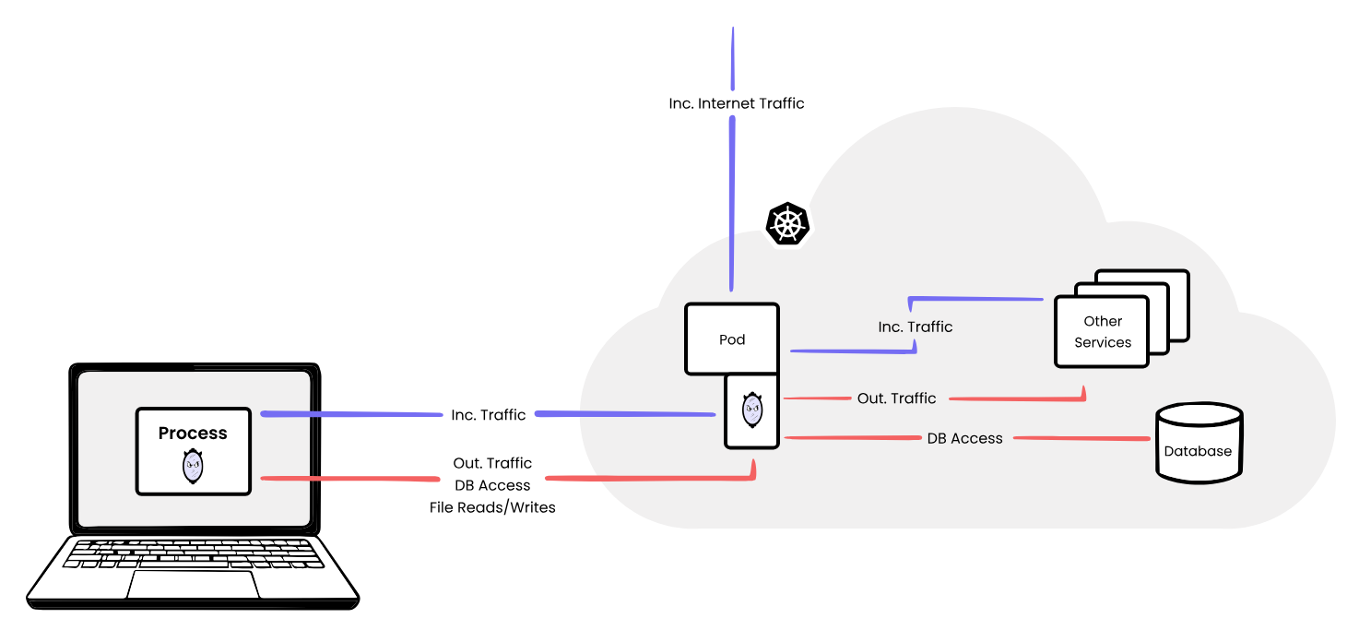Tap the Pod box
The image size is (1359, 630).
point(732,339)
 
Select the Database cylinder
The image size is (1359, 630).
point(1199,444)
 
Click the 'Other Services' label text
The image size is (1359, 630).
point(1103,331)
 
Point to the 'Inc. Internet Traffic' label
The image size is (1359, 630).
point(736,103)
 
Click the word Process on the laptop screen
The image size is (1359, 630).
point(193,433)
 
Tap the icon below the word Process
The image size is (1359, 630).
point(193,467)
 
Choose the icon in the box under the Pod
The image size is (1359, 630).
point(752,410)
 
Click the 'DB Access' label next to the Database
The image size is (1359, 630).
point(964,438)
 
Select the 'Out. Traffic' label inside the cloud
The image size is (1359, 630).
point(896,398)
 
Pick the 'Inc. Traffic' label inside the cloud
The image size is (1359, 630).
point(915,327)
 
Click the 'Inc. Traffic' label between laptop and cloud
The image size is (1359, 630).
point(489,415)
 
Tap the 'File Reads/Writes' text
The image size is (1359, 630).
point(492,506)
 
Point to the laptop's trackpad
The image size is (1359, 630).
point(192,584)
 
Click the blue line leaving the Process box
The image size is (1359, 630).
point(350,414)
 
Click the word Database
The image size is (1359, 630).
point(1198,451)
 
